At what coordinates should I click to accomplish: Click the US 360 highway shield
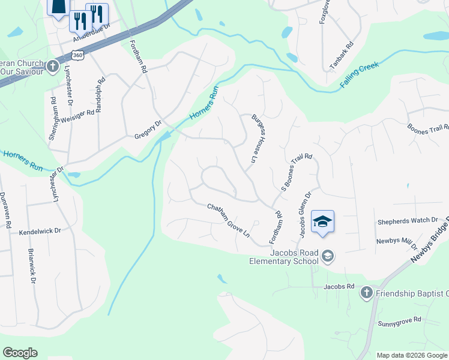[x=77, y=55]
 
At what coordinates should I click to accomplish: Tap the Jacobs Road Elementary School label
[x=285, y=257]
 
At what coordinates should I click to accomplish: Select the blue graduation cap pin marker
[x=322, y=223]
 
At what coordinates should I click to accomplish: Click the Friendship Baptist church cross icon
[x=366, y=293]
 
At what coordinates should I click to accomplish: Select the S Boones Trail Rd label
[x=297, y=172]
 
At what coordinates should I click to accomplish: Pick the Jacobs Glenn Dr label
[x=304, y=214]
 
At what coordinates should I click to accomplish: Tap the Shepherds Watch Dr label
[x=408, y=221]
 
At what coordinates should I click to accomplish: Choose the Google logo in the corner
[x=20, y=353]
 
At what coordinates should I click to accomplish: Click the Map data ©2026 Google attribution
[x=412, y=355]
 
